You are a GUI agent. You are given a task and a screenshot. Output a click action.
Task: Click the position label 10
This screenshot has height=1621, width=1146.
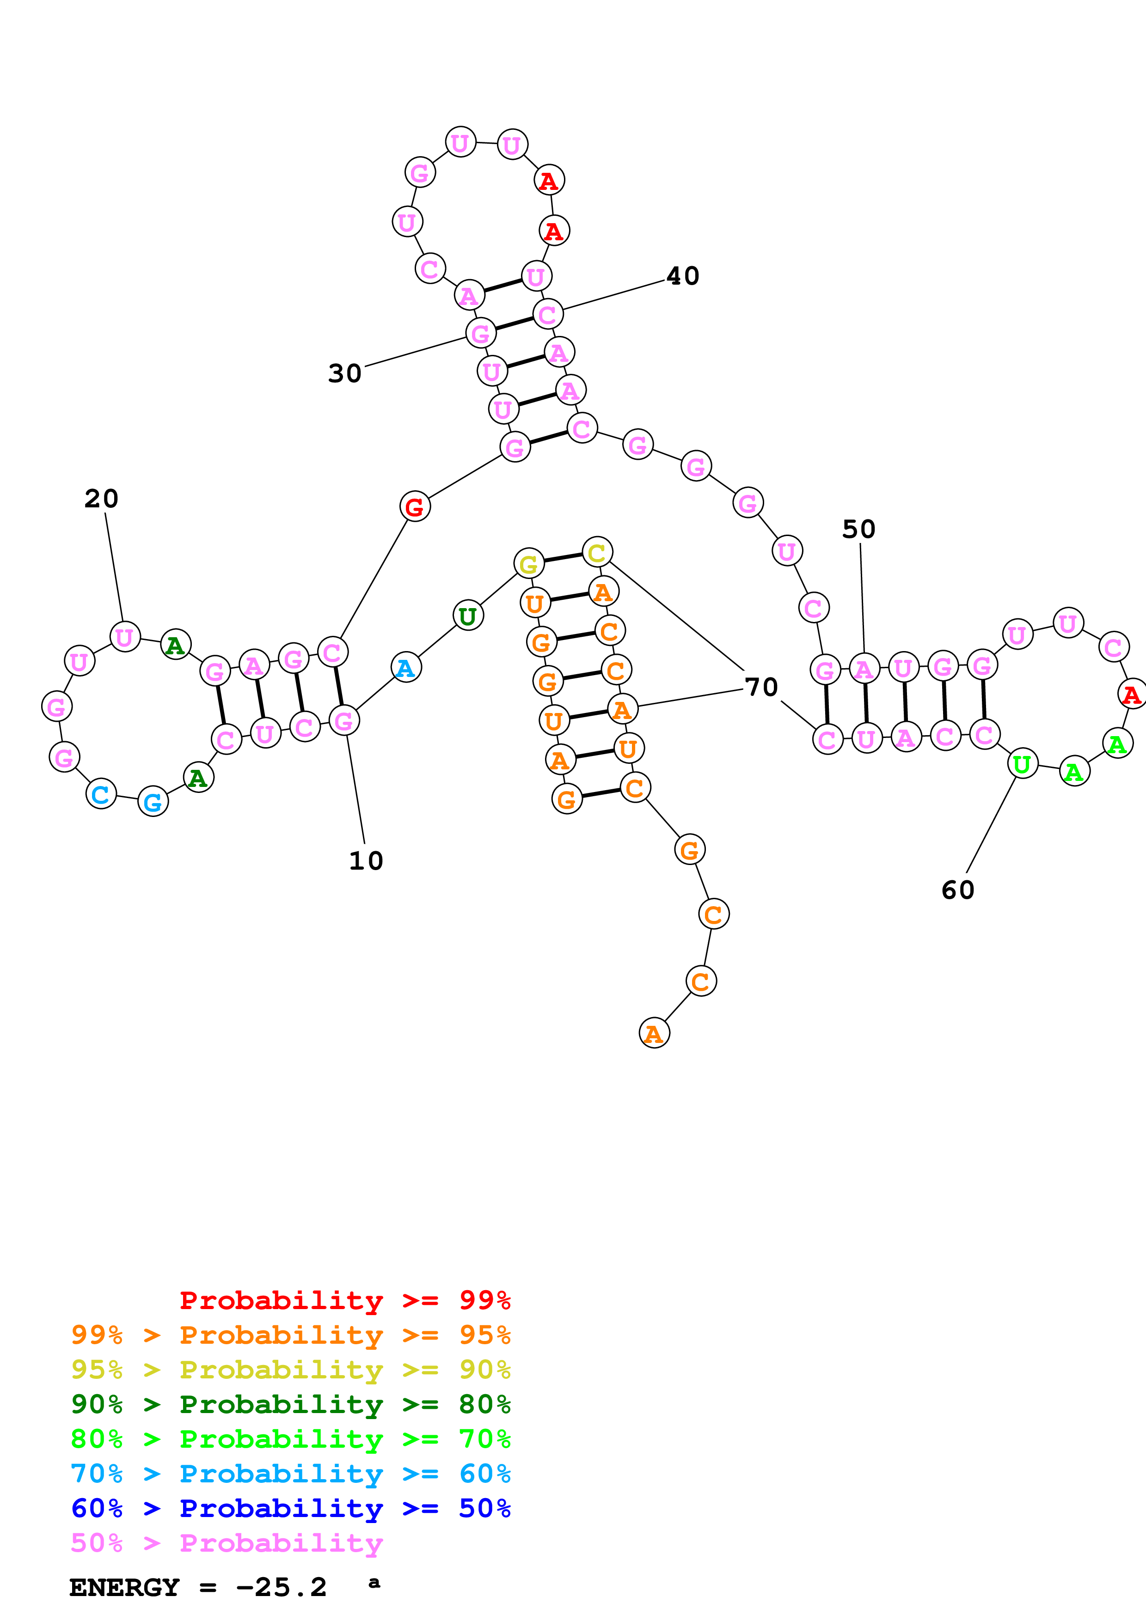[x=366, y=860]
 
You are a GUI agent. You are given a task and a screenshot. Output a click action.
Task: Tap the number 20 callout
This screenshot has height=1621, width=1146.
[x=102, y=499]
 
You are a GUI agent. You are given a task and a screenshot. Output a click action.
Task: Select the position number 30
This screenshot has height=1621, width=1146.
[x=344, y=373]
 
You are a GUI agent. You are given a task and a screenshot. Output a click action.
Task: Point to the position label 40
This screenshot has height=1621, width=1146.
[x=683, y=276]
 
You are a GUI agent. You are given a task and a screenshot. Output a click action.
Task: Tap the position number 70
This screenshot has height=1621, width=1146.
[x=761, y=687]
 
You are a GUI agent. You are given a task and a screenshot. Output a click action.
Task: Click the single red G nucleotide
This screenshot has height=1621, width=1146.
[x=415, y=507]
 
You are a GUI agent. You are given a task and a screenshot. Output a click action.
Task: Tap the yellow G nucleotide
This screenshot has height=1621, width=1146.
[x=529, y=564]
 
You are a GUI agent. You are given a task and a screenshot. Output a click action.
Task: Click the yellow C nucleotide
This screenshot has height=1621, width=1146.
[x=597, y=552]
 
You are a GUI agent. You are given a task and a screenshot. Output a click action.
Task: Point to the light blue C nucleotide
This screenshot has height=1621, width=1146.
[x=101, y=794]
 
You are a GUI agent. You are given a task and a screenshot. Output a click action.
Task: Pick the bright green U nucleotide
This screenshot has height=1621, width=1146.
[x=1022, y=764]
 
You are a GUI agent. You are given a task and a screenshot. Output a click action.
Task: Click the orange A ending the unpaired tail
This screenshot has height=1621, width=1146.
[x=654, y=1034]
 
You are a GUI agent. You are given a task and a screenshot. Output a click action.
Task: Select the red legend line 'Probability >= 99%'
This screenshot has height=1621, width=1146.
[x=344, y=1300]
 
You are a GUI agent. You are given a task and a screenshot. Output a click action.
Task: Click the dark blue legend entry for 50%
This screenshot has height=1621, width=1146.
[x=290, y=1508]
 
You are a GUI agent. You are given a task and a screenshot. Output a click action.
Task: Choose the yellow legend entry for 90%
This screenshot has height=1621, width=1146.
[x=290, y=1370]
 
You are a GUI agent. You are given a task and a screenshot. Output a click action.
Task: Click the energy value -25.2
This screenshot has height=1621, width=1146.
[x=281, y=1587]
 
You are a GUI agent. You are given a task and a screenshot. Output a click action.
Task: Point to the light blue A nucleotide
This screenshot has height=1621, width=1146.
[x=405, y=668]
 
